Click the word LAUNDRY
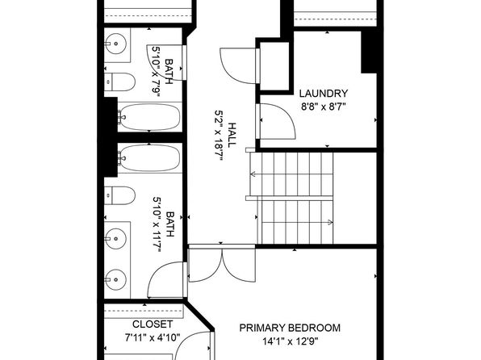tap(324, 94)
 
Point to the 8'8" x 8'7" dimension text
tap(324, 107)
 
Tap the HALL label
tap(232, 135)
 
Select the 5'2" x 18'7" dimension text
tap(219, 136)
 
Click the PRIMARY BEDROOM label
tap(290, 328)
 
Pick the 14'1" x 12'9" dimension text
tap(290, 341)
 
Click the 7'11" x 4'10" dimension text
tap(153, 338)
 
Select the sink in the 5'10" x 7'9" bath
tap(115, 44)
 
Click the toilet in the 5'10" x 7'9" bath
tap(119, 82)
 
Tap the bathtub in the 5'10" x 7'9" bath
tap(149, 116)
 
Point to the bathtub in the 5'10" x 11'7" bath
tap(149, 158)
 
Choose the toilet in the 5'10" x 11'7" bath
tap(119, 195)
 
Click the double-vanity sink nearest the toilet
tap(115, 238)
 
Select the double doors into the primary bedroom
tap(221, 264)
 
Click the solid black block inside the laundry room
tap(369, 52)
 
